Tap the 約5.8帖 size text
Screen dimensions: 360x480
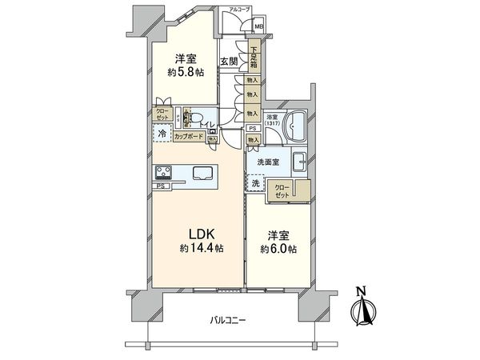click(184, 71)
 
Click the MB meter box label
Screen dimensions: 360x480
click(258, 26)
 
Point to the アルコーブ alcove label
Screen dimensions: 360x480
click(239, 9)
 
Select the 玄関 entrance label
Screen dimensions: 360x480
click(228, 62)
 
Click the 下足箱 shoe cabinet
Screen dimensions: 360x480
click(252, 58)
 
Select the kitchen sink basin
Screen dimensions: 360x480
click(201, 173)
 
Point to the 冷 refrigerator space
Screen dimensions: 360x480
click(162, 134)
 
